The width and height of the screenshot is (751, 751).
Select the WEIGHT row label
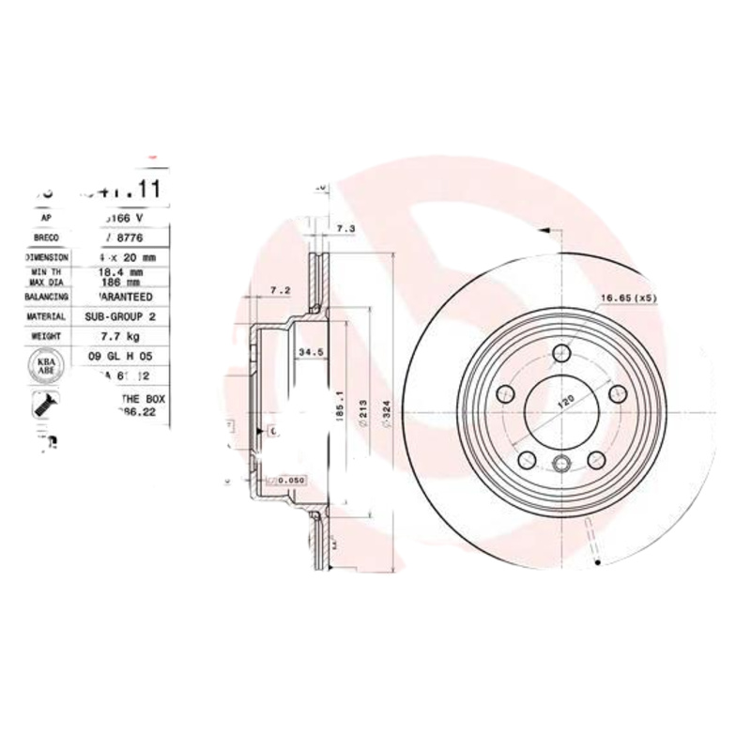46,335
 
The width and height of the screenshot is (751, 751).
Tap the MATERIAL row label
46,317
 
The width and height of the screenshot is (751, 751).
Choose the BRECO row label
46,238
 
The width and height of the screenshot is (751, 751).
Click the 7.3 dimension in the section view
345,229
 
